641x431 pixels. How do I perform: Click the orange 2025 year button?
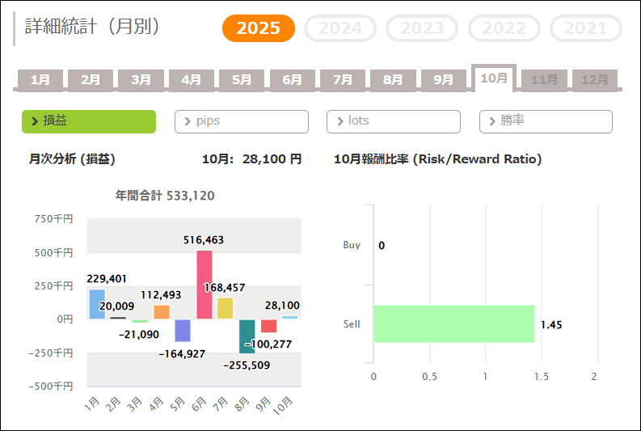pyautogui.click(x=259, y=28)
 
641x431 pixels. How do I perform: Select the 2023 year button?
pyautogui.click(x=423, y=28)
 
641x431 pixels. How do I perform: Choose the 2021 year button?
pyautogui.click(x=585, y=28)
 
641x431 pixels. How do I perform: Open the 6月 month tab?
pyautogui.click(x=293, y=80)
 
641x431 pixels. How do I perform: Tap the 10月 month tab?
pyautogui.click(x=493, y=78)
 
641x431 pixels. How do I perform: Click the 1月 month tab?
pyautogui.click(x=40, y=80)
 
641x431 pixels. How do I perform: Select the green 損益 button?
pyautogui.click(x=89, y=121)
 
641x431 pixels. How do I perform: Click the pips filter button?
pyautogui.click(x=242, y=121)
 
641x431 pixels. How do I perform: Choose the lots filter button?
pyautogui.click(x=394, y=121)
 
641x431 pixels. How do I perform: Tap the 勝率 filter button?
pyautogui.click(x=546, y=121)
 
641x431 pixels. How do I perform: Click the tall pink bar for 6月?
pyautogui.click(x=205, y=285)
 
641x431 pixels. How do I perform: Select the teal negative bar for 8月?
pyautogui.click(x=247, y=336)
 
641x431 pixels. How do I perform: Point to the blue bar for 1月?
pyautogui.click(x=97, y=304)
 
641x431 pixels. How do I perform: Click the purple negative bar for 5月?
pyautogui.click(x=183, y=330)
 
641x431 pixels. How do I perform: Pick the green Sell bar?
pyautogui.click(x=453, y=323)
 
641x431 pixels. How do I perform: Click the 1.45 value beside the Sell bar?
pyautogui.click(x=551, y=325)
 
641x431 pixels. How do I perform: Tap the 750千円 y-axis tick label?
pyautogui.click(x=54, y=218)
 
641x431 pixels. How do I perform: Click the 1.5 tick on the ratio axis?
pyautogui.click(x=541, y=377)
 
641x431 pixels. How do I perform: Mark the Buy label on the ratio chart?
pyautogui.click(x=352, y=245)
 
